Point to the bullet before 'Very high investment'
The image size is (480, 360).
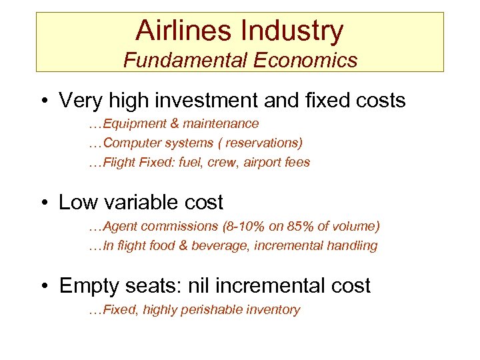pos(43,101)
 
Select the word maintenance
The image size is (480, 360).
pos(221,124)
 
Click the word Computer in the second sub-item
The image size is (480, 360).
pos(129,143)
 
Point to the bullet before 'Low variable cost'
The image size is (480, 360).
pos(43,203)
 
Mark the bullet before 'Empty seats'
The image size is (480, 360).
pos(43,287)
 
